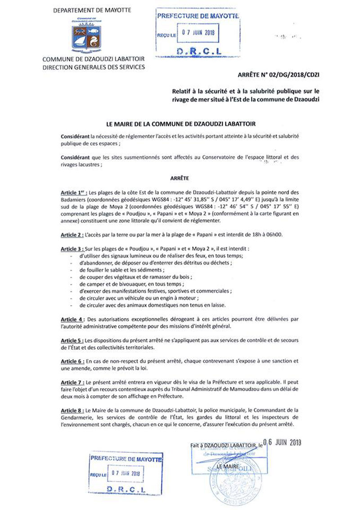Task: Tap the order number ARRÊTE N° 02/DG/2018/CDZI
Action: coord(279,75)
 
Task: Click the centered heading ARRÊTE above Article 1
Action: coord(180,178)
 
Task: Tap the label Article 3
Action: coord(72,249)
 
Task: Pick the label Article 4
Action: coord(72,319)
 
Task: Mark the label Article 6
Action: coord(72,361)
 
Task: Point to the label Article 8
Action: coord(72,411)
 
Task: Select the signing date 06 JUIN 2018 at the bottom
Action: coord(282,442)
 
